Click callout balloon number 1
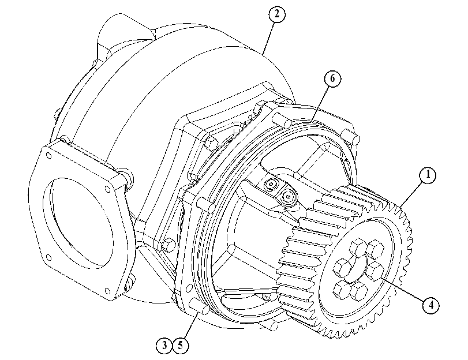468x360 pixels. pyautogui.click(x=428, y=175)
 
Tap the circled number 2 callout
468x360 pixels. pyautogui.click(x=276, y=14)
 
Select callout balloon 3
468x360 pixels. pyautogui.click(x=164, y=346)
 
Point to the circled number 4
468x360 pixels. pyautogui.click(x=431, y=305)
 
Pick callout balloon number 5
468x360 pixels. pyautogui.click(x=180, y=346)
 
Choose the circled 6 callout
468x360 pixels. pyautogui.click(x=332, y=79)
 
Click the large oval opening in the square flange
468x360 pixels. pyautogui.click(x=79, y=222)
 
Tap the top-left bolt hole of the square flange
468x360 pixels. pyautogui.click(x=48, y=156)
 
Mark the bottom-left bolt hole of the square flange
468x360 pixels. pyautogui.click(x=49, y=257)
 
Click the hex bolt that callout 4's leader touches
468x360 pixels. pyautogui.click(x=375, y=271)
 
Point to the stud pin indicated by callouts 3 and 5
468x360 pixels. pyautogui.click(x=200, y=307)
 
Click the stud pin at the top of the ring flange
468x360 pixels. pyautogui.click(x=282, y=120)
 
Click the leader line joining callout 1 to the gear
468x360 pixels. pyautogui.click(x=412, y=194)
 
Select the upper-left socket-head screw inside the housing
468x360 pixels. pyautogui.click(x=271, y=185)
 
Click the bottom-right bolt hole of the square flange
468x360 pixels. pyautogui.click(x=107, y=290)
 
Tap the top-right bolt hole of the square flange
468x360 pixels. pyautogui.click(x=107, y=188)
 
